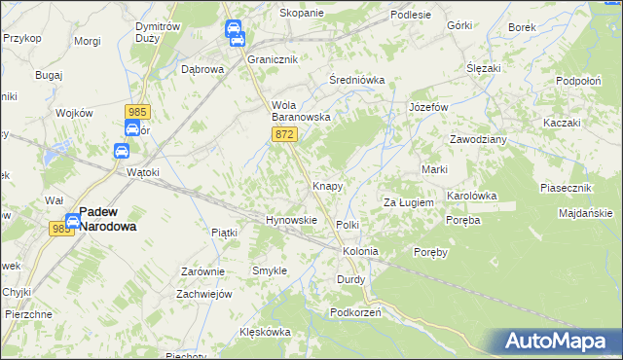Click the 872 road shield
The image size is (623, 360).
pyautogui.click(x=284, y=133)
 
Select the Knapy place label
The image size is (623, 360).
pyautogui.click(x=326, y=185)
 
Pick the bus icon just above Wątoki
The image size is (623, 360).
pyautogui.click(x=122, y=151)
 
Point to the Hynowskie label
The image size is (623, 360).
pyautogui.click(x=292, y=220)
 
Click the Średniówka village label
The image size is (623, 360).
pyautogui.click(x=357, y=80)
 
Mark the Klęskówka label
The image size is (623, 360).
pyautogui.click(x=266, y=332)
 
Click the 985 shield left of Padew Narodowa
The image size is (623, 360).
pyautogui.click(x=61, y=228)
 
